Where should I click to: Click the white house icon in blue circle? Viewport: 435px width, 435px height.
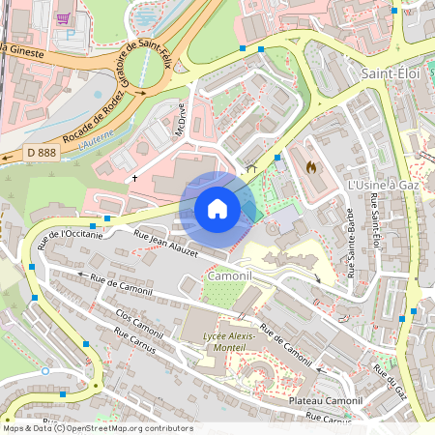click(217, 208)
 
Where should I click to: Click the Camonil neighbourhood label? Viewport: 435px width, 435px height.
click(229, 276)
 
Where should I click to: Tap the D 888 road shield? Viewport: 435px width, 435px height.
click(42, 153)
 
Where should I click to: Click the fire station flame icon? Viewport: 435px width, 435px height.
click(310, 166)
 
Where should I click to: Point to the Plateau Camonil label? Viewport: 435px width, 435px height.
click(325, 400)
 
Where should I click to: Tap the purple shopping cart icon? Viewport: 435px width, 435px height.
click(63, 17)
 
